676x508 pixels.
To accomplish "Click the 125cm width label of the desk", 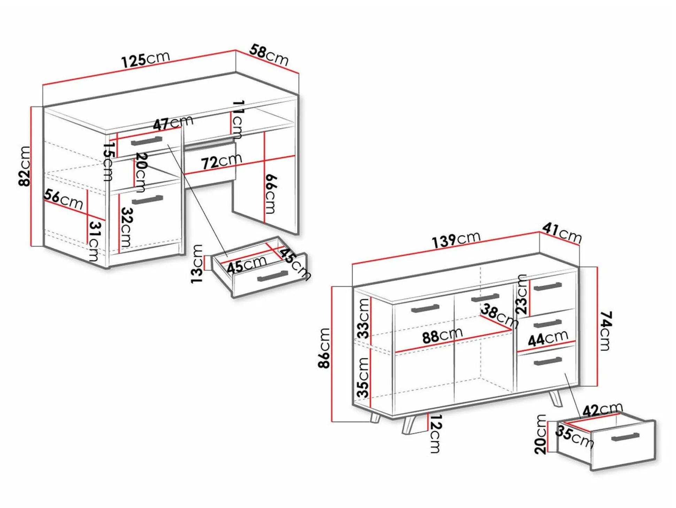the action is click(x=145, y=59).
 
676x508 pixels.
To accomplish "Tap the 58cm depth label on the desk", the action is click(x=269, y=55).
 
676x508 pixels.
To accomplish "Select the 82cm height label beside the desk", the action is click(x=25, y=166).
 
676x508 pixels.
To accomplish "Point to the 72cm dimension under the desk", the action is click(x=222, y=161).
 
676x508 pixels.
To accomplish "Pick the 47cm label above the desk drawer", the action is click(x=173, y=123).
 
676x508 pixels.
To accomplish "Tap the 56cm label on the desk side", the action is click(x=63, y=199).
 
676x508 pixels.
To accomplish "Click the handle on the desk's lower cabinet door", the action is click(x=147, y=200).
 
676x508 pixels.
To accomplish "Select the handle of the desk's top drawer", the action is click(x=147, y=141).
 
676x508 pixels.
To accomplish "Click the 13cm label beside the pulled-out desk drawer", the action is click(x=197, y=264).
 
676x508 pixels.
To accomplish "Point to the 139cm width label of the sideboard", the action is click(x=456, y=240).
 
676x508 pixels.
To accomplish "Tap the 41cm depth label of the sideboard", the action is click(x=562, y=233).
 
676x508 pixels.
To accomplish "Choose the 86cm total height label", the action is click(x=324, y=348).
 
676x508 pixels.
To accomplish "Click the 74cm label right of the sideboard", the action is click(x=605, y=331).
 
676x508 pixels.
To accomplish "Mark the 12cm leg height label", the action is click(x=436, y=433).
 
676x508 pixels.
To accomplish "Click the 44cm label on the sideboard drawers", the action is click(x=548, y=339).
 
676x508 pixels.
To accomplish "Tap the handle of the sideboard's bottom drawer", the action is click(x=548, y=361).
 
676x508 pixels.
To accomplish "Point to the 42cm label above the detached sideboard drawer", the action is click(x=602, y=410).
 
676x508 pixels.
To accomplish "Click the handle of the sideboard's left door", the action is click(x=425, y=309).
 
